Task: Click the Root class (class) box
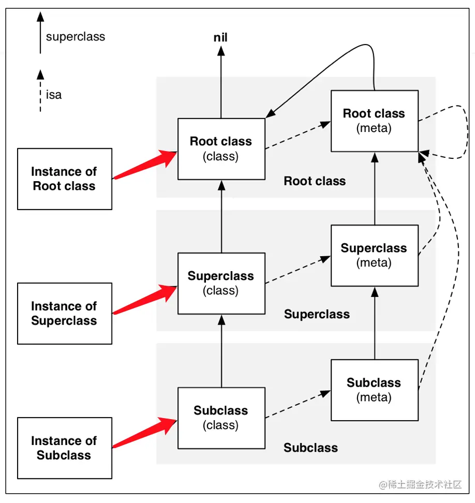(x=221, y=149)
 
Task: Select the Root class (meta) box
(x=374, y=121)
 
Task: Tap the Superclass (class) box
(x=221, y=283)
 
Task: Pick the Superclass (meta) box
(x=374, y=256)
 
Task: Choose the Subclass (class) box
(x=221, y=418)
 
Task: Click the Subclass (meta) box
(x=374, y=390)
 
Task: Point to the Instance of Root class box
(x=64, y=179)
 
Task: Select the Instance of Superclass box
(x=64, y=314)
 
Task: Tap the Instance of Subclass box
(x=64, y=448)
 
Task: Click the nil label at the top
(x=220, y=37)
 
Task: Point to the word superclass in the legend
(x=76, y=37)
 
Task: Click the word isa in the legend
(x=54, y=95)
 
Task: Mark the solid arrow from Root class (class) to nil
(x=221, y=83)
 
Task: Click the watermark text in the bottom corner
(x=420, y=485)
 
